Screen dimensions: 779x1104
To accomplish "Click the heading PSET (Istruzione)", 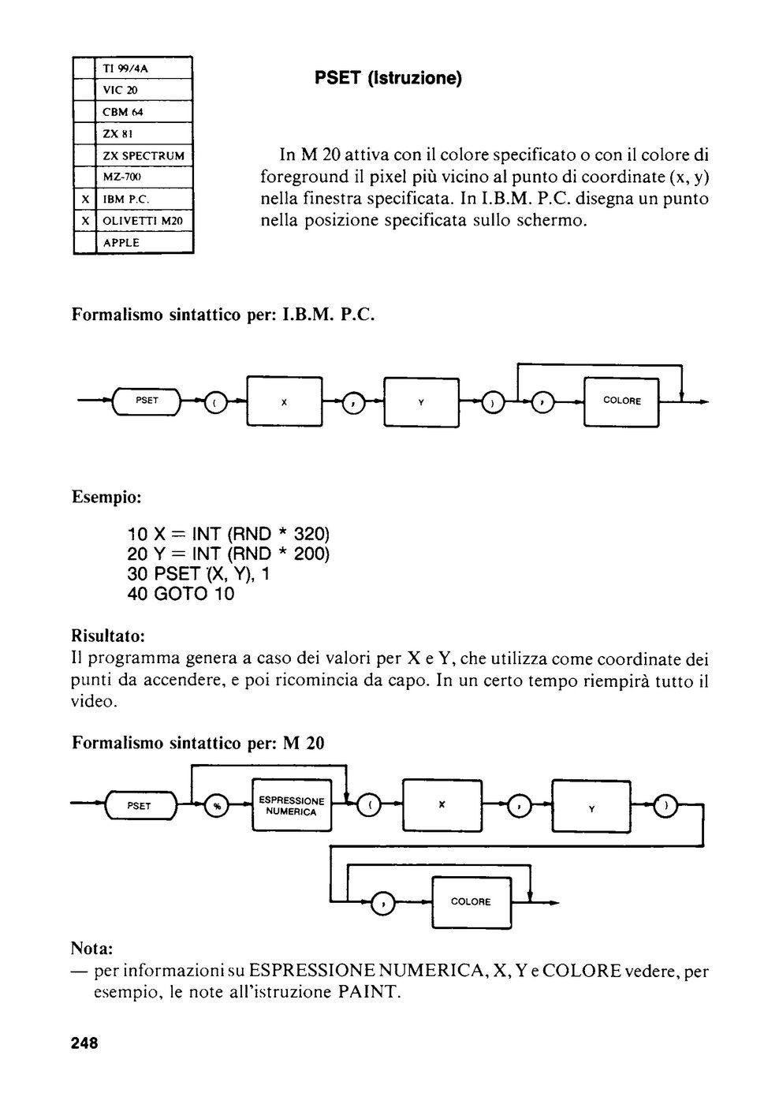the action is tap(388, 78).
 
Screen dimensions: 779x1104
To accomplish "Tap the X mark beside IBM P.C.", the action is tap(85, 200).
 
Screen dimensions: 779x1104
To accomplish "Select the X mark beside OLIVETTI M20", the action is tap(85, 222).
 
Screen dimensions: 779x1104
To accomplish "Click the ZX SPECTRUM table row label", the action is tap(143, 156).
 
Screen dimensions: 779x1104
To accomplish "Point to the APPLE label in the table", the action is tap(121, 243).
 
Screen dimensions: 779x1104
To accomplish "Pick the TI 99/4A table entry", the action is tap(125, 69).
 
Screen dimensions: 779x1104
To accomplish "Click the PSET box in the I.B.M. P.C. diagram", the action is tap(147, 401).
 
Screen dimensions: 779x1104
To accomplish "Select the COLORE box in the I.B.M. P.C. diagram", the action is tap(621, 401).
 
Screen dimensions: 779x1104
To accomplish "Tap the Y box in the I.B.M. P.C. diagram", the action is tap(421, 402).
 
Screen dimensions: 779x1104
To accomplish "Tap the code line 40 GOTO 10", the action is tap(181, 593).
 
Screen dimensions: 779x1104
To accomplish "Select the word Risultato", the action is tap(108, 636).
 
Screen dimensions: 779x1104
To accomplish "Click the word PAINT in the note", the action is tap(367, 991).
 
